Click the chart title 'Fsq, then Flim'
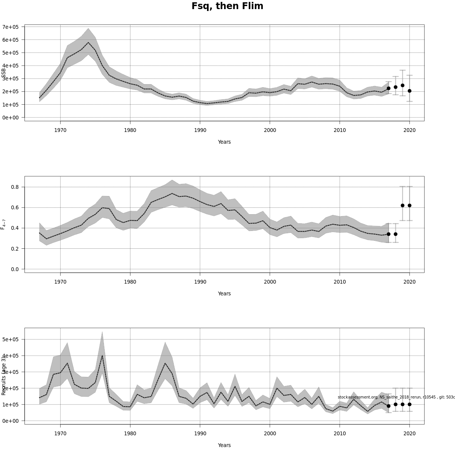click(x=227, y=6)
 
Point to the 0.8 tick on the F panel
click(x=15, y=187)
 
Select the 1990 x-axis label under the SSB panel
click(x=200, y=130)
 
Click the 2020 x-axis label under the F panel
click(x=409, y=282)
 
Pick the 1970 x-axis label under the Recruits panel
click(x=60, y=434)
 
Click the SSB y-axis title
click(x=4, y=73)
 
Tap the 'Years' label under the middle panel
click(x=224, y=293)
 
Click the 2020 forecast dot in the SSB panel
click(x=409, y=91)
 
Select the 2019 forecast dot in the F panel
click(x=403, y=206)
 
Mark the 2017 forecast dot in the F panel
click(x=389, y=234)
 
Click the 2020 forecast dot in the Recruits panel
click(x=409, y=404)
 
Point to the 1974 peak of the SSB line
click(x=88, y=42)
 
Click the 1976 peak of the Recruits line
click(x=102, y=355)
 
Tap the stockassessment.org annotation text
click(x=396, y=397)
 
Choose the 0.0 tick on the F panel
click(x=15, y=269)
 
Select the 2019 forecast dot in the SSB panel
click(x=403, y=85)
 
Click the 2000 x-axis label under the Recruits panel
click(x=270, y=434)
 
